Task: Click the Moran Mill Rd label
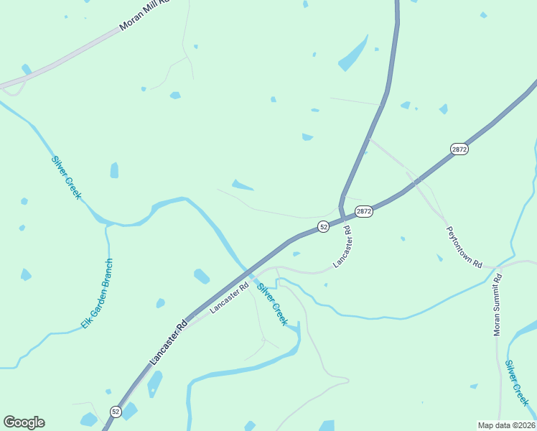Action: point(143,15)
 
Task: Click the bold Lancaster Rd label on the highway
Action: point(168,340)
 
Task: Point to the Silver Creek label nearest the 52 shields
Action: point(272,304)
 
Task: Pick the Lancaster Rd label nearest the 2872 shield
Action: point(343,247)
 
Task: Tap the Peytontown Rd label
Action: point(464,247)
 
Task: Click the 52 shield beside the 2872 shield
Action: point(324,226)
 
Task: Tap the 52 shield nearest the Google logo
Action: point(116,411)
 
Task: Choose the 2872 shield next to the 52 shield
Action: point(363,211)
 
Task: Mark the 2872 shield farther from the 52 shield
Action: point(459,149)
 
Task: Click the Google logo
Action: point(24,422)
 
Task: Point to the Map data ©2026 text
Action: point(506,425)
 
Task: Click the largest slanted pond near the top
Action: point(352,55)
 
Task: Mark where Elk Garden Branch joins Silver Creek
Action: point(108,225)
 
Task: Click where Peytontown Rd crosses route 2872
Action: point(414,182)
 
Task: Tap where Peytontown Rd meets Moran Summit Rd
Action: point(498,267)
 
